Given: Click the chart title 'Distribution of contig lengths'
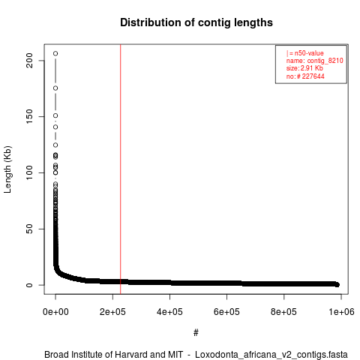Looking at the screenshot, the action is tap(196, 22).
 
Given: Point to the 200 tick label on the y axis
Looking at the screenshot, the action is tap(30, 61).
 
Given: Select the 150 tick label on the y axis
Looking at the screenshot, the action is tap(30, 116).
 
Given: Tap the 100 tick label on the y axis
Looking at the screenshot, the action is tap(30, 172).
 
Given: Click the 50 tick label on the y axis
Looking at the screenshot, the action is tap(30, 229).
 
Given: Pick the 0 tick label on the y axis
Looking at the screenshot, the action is tap(30, 285).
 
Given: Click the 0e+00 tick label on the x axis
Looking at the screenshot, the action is tap(55, 312).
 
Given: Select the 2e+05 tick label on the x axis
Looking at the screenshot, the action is tap(112, 312).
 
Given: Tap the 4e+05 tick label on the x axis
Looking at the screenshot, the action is tap(169, 312).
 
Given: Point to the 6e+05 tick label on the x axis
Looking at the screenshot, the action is tap(226, 312).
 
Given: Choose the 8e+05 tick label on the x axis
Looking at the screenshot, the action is tap(283, 312).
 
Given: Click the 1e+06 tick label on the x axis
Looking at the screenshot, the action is tap(341, 312).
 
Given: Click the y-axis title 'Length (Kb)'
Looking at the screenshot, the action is tap(7, 169).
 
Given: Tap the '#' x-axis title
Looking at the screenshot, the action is tap(196, 333).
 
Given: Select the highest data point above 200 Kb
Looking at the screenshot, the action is tap(55, 53).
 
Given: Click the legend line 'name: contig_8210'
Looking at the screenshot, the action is tap(315, 61).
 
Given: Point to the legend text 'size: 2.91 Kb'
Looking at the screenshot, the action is tap(304, 68).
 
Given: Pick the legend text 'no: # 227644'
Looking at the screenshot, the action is tap(305, 76).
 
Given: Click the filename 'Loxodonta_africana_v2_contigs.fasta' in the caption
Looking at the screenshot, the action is tap(271, 355).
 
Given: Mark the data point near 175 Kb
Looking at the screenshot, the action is tap(55, 88).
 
